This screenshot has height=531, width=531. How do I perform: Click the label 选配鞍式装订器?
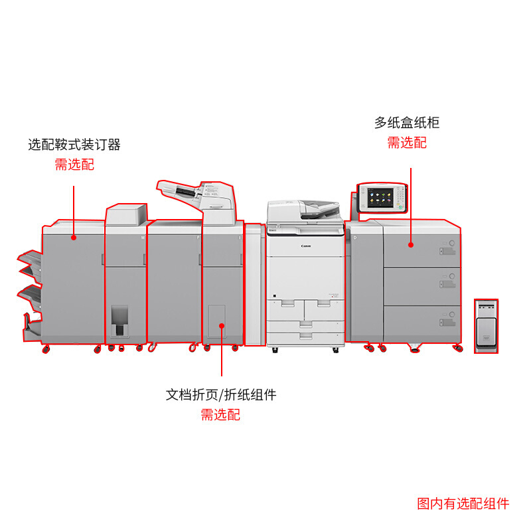pos(74,145)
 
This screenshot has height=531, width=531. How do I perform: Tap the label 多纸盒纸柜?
pos(407,123)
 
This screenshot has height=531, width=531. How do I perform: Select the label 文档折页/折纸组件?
pos(221,395)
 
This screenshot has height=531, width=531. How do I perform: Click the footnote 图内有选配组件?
pos(463,504)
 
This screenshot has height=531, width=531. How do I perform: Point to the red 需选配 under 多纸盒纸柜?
pos(407,143)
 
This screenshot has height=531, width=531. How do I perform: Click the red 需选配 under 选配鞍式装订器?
pos(74,165)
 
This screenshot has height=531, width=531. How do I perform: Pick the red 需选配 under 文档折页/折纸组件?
pos(221,416)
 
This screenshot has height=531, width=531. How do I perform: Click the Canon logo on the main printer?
pos(305,246)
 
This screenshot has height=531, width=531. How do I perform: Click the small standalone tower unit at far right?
pos(486,325)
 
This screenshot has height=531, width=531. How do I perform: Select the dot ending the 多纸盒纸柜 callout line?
pos(411,245)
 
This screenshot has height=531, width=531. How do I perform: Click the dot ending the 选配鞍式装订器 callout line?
pos(74,236)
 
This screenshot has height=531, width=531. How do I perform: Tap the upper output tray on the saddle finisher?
pos(30,260)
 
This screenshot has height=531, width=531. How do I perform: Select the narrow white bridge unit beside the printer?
pos(255,285)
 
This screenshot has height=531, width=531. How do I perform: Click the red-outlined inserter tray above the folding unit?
pos(196,192)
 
